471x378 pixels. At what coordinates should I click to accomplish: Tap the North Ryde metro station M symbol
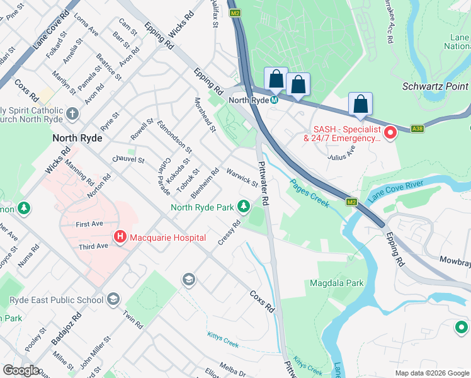275,100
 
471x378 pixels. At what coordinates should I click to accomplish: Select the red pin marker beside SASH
390,132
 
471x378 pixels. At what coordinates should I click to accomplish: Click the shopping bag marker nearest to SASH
360,104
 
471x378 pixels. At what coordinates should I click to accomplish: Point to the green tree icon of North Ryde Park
243,207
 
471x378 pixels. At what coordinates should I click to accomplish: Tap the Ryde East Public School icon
113,299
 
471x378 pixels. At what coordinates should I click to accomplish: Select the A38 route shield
417,129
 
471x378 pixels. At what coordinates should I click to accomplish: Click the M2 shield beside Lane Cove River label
351,202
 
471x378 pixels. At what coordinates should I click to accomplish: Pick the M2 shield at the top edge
235,13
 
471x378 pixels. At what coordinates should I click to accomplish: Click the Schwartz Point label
435,86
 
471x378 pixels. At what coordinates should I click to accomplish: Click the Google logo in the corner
21,370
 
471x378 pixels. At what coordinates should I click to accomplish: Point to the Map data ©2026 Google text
431,373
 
